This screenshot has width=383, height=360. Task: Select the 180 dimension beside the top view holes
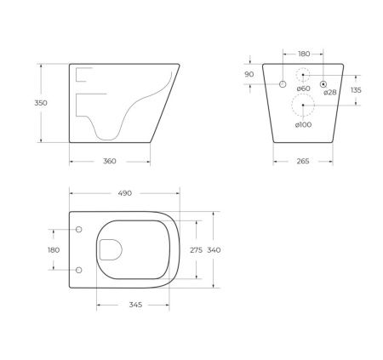coord(54,249)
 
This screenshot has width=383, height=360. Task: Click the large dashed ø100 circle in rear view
coord(303,106)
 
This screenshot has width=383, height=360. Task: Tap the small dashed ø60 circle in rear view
coord(303,74)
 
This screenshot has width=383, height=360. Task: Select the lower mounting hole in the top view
coord(78,270)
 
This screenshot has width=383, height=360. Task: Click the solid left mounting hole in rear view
coord(282,83)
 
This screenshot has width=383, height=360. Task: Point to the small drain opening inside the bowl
coord(111,249)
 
